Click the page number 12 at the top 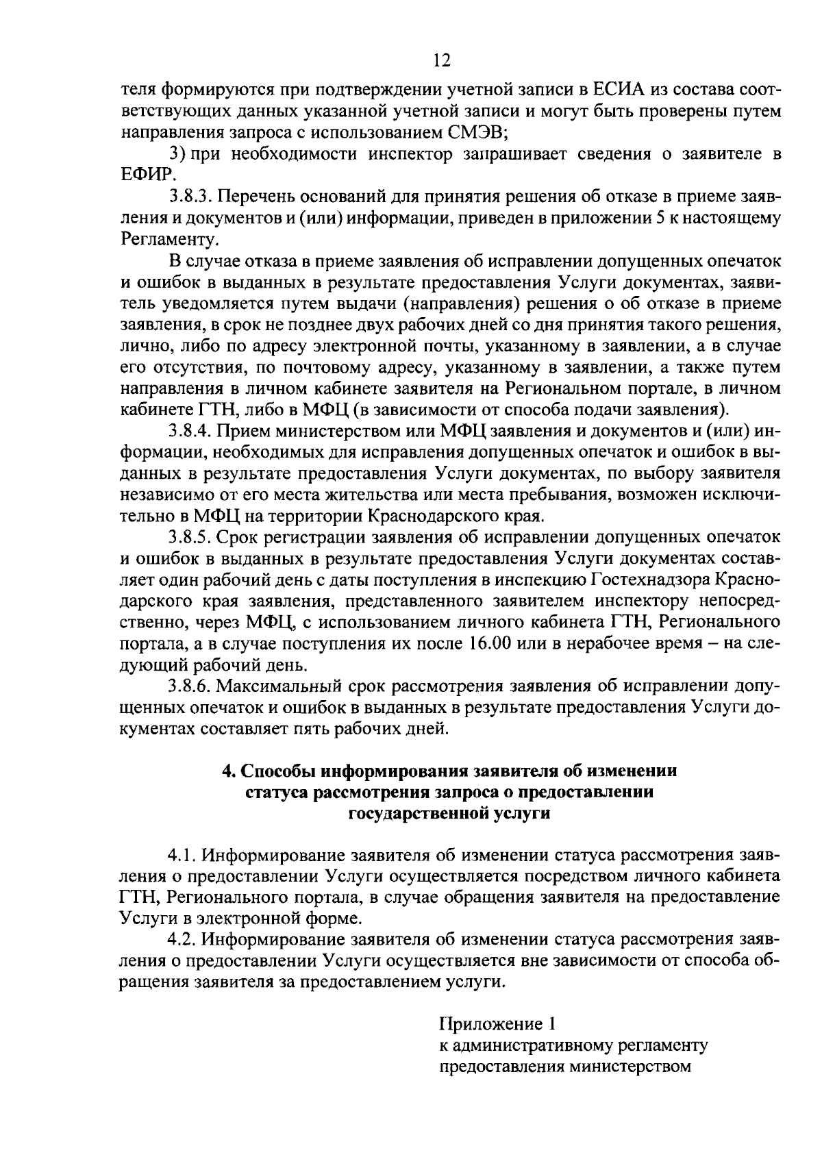click(442, 61)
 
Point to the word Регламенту click(169, 239)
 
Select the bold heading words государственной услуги click(449, 813)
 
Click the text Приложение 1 click(496, 1025)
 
